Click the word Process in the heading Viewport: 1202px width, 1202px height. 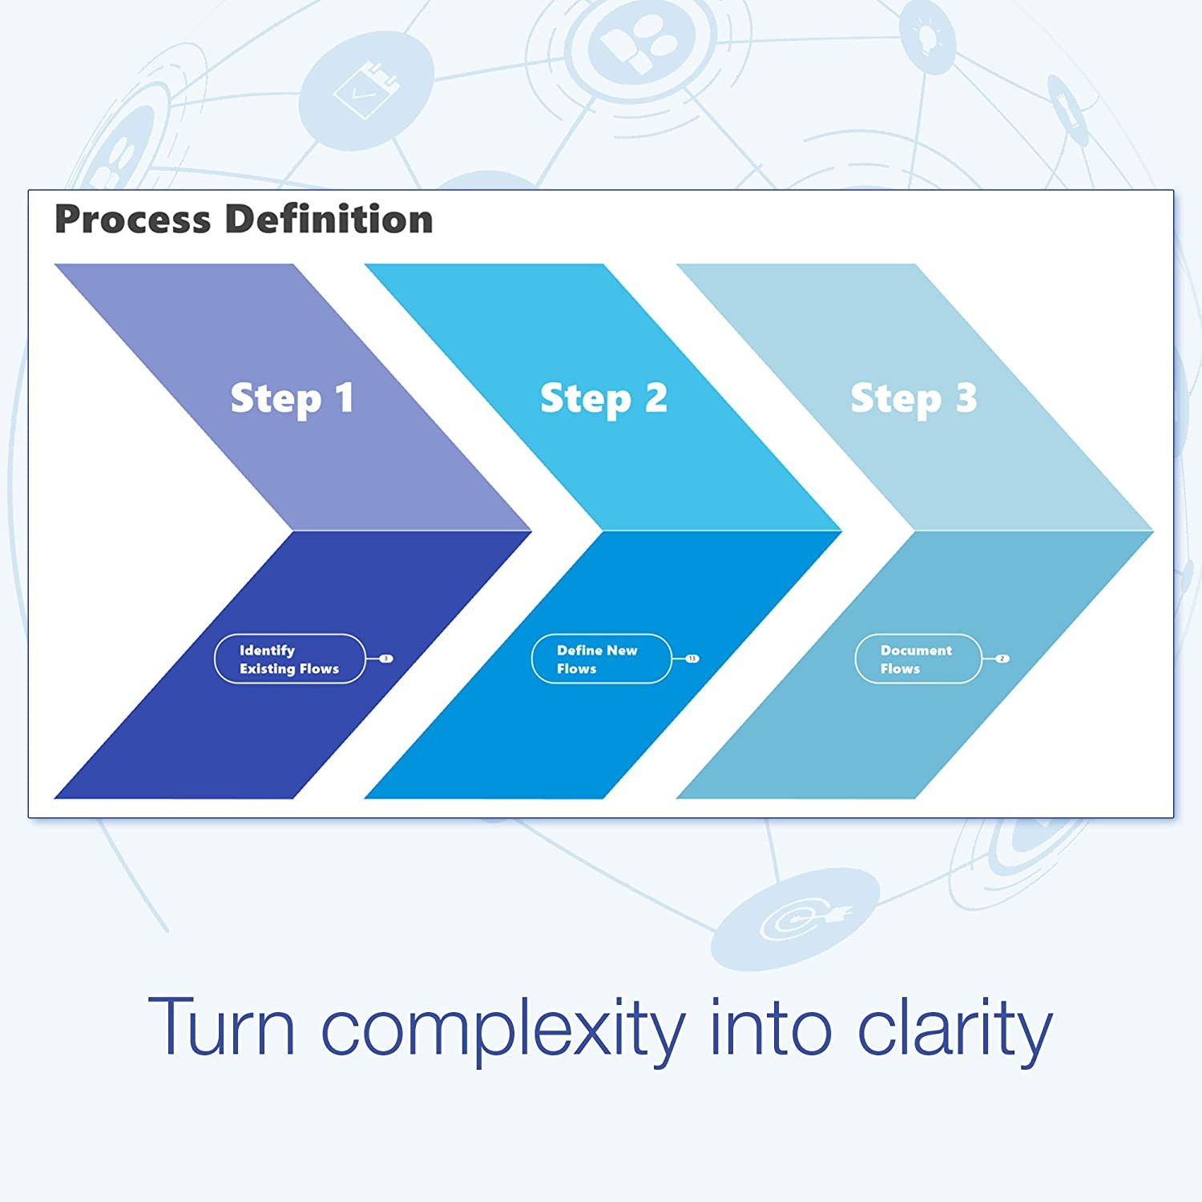(x=132, y=220)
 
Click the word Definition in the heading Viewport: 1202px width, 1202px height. (x=329, y=220)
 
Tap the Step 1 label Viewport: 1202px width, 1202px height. (x=292, y=398)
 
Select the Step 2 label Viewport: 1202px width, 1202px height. (x=603, y=398)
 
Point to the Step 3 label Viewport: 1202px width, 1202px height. (x=914, y=398)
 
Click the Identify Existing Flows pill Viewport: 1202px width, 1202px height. (x=289, y=659)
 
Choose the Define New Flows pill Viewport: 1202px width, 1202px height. (x=601, y=659)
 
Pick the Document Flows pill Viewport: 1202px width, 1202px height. (x=918, y=659)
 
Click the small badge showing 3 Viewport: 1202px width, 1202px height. (x=386, y=659)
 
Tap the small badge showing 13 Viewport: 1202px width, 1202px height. (x=692, y=659)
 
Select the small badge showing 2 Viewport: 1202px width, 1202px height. (x=1002, y=659)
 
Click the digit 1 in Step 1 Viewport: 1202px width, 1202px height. (x=344, y=397)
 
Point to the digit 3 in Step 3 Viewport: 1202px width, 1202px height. (x=966, y=397)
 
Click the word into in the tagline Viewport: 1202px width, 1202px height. (x=770, y=1028)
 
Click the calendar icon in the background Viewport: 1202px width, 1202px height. (x=366, y=91)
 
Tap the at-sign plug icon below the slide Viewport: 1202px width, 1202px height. (x=796, y=918)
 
